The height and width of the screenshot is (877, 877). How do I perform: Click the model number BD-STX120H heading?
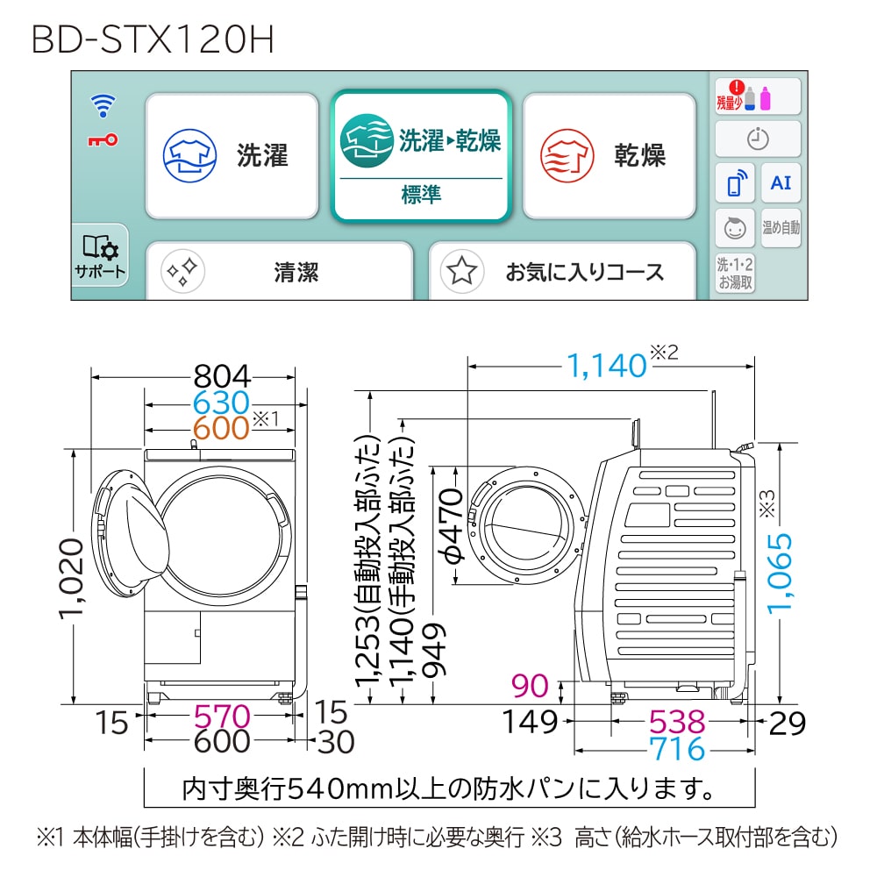[x=153, y=39]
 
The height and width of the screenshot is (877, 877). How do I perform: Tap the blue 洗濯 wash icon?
[x=189, y=155]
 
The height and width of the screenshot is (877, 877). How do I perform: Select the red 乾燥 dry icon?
[x=567, y=155]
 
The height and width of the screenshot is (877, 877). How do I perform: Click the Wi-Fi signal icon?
[x=103, y=105]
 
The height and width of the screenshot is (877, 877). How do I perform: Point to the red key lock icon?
[x=103, y=139]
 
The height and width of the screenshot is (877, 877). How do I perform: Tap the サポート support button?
[x=100, y=255]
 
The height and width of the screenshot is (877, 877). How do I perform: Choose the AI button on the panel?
[x=781, y=183]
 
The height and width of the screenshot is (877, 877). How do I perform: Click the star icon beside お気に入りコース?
[x=462, y=271]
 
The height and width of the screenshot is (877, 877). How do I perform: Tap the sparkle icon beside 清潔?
[x=183, y=271]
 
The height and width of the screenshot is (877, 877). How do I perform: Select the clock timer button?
[x=758, y=139]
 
